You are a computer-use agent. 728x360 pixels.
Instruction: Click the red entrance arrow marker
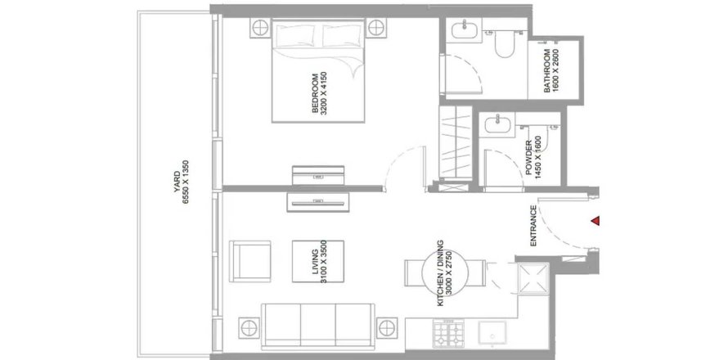coord(595,221)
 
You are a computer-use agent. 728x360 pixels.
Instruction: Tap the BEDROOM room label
coord(316,93)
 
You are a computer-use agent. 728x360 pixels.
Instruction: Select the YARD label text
coord(177,182)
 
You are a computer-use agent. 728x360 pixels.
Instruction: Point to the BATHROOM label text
coord(547,71)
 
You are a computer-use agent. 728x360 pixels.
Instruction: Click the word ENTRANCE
coord(533,226)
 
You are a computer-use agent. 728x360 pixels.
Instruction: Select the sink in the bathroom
coord(464,30)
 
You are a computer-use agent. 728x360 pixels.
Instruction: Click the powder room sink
coord(497,124)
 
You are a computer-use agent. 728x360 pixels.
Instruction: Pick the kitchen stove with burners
coord(448,333)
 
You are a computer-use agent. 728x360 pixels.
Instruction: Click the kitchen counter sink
coord(492,333)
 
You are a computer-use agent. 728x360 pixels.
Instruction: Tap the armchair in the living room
coord(249,261)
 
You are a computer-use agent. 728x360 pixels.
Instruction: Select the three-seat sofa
coord(318,326)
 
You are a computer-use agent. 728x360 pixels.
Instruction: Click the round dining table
coord(445,273)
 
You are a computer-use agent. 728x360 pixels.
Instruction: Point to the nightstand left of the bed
coord(260,28)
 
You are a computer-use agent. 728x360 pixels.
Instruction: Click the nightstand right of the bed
coord(376,28)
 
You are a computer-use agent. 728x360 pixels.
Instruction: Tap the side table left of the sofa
coord(249,328)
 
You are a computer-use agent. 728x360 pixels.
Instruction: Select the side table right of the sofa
coord(387,328)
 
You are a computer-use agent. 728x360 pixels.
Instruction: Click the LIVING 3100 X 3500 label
coord(320,262)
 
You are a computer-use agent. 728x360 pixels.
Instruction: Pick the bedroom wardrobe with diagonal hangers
coord(456,142)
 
